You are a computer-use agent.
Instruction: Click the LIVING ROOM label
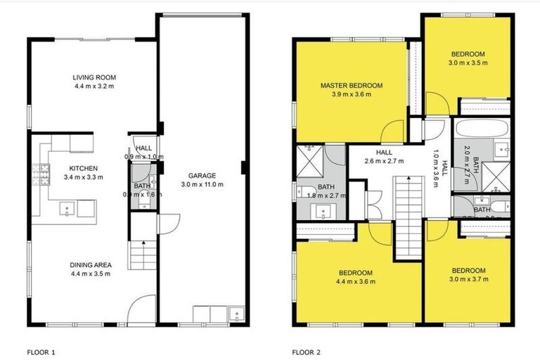pyautogui.click(x=94, y=77)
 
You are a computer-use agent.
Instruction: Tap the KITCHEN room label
pyautogui.click(x=83, y=168)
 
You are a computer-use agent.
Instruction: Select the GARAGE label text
pyautogui.click(x=201, y=175)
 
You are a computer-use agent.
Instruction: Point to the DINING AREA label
pyautogui.click(x=90, y=264)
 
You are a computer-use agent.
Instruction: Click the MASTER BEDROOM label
pyautogui.click(x=352, y=85)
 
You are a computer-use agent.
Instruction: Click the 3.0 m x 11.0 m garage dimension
pyautogui.click(x=201, y=185)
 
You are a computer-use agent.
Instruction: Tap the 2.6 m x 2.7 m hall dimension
pyautogui.click(x=383, y=161)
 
